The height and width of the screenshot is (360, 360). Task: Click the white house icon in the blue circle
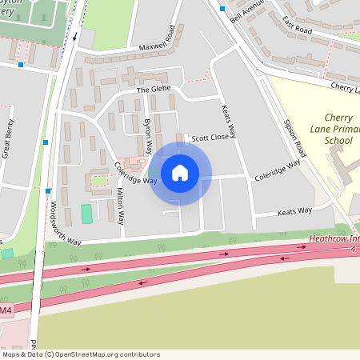(180, 173)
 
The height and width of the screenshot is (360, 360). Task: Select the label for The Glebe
(154, 90)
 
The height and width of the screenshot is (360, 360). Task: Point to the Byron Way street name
(147, 137)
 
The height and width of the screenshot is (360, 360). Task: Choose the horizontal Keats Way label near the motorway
(294, 212)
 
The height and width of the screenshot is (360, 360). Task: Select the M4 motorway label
(6, 310)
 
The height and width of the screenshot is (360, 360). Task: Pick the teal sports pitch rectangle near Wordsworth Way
(86, 214)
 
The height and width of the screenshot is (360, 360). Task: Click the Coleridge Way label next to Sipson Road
(277, 170)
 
